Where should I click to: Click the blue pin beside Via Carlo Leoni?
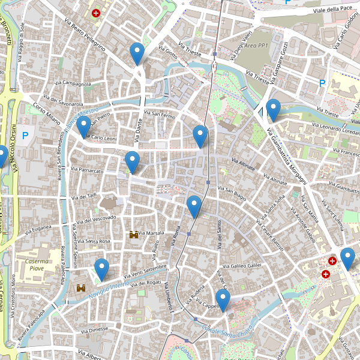click(83, 127)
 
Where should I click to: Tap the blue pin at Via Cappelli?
click(223, 301)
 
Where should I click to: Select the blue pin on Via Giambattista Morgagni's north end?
click(274, 110)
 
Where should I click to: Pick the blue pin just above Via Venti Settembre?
click(102, 269)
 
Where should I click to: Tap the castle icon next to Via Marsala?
click(133, 235)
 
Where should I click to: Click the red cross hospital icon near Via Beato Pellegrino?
click(95, 13)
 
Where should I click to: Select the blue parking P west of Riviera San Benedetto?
click(25, 136)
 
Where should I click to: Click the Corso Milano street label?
click(47, 113)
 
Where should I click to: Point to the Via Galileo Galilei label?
click(243, 265)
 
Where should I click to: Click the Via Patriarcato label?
click(88, 171)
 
